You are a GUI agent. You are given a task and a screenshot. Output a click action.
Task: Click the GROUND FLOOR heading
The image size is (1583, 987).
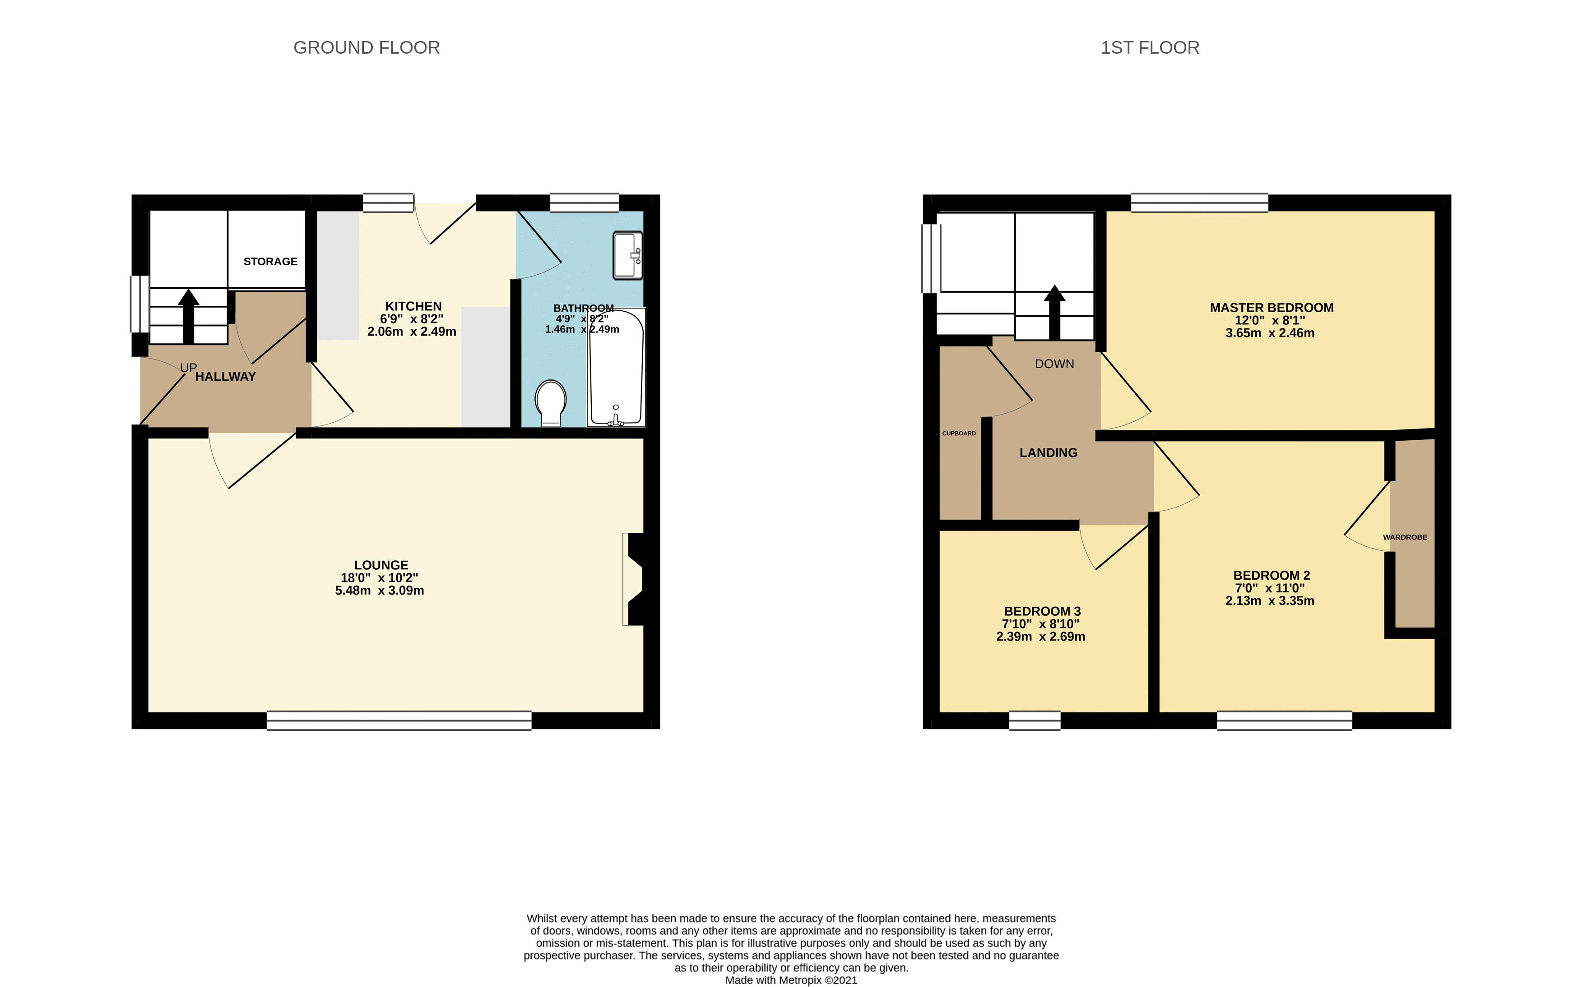(367, 48)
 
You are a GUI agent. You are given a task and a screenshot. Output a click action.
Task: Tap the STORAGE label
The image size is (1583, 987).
(270, 262)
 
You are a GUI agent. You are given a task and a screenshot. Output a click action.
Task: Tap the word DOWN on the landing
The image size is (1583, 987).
(1054, 364)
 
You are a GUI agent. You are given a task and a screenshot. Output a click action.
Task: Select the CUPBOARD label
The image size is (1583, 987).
(959, 434)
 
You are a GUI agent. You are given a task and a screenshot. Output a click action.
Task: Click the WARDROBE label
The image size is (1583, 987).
(1405, 537)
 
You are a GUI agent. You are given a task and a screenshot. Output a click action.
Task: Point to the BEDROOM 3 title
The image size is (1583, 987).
(1042, 611)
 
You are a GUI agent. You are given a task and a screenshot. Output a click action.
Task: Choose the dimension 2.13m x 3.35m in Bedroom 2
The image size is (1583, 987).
(1270, 600)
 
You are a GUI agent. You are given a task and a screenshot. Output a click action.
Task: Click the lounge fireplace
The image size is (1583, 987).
(633, 579)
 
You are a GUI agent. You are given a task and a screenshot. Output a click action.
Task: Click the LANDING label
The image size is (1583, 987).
(1048, 452)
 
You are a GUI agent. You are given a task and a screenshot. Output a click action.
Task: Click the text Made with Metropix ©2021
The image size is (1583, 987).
(791, 980)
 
